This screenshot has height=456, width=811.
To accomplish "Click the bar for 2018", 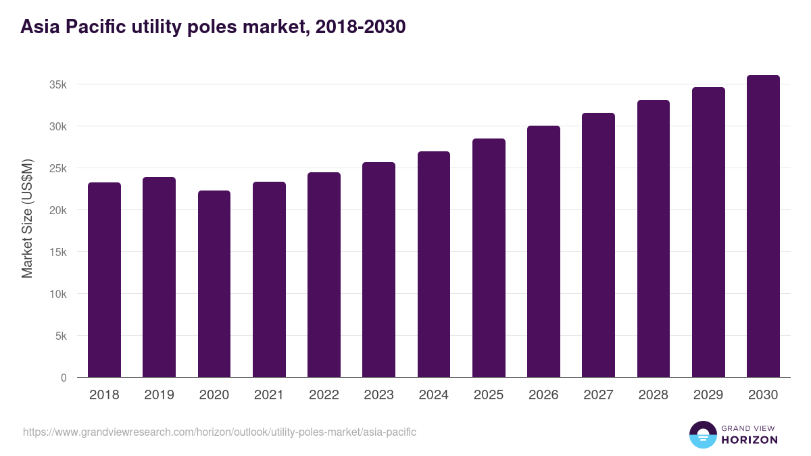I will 104,280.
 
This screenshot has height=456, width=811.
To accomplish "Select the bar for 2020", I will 214,284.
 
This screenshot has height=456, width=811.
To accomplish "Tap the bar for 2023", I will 378,270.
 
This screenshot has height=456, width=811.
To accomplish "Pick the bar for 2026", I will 543,251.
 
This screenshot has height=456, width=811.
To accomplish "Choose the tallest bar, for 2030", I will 763,226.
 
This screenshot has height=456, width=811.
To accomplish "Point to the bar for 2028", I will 654,238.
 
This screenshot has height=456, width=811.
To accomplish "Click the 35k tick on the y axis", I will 57,84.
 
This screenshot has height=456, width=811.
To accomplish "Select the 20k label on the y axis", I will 57,210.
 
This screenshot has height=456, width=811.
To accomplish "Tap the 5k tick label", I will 60,336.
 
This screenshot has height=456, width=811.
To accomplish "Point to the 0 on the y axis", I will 64,378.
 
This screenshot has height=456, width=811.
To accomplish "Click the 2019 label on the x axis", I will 159,395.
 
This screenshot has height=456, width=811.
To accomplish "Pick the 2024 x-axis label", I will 433,395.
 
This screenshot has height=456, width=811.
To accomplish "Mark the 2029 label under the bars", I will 708,395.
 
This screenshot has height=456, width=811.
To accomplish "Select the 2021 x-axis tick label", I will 269,395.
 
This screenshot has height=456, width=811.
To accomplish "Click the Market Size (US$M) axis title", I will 27,219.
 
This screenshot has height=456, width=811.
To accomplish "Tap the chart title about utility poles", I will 213,27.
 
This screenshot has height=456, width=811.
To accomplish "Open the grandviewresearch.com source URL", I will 220,432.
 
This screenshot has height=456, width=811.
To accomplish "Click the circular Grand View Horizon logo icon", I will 703,434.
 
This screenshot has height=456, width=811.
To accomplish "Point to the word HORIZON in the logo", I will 750,440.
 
